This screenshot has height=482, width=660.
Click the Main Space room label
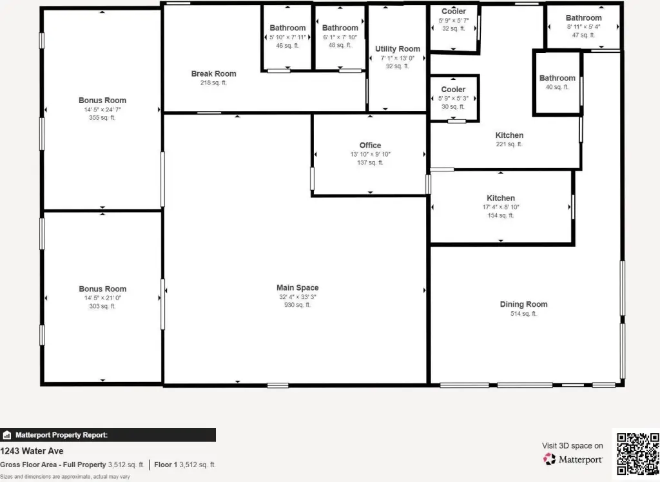click(297, 287)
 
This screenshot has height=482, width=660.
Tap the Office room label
click(370, 145)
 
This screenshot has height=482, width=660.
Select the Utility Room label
click(397, 49)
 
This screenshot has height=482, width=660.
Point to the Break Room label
click(213, 73)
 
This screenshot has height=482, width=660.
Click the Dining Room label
click(523, 304)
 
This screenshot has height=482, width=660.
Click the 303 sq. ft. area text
click(102, 306)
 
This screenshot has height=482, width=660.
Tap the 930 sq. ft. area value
click(297, 305)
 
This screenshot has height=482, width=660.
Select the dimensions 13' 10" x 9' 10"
click(371, 154)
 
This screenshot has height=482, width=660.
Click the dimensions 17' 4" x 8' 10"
click(501, 207)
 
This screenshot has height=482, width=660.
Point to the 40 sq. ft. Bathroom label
click(558, 78)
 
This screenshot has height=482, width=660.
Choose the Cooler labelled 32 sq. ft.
click(454, 12)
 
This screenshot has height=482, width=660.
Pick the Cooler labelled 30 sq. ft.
click(453, 89)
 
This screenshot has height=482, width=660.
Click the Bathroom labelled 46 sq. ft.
click(287, 28)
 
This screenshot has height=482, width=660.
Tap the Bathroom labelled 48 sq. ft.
click(340, 28)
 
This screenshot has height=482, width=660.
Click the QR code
click(637, 454)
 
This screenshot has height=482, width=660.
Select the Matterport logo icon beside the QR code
click(549, 459)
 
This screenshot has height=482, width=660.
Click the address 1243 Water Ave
click(32, 451)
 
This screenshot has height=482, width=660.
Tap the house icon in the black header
click(6, 435)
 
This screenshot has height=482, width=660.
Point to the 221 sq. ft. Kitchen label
click(509, 135)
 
